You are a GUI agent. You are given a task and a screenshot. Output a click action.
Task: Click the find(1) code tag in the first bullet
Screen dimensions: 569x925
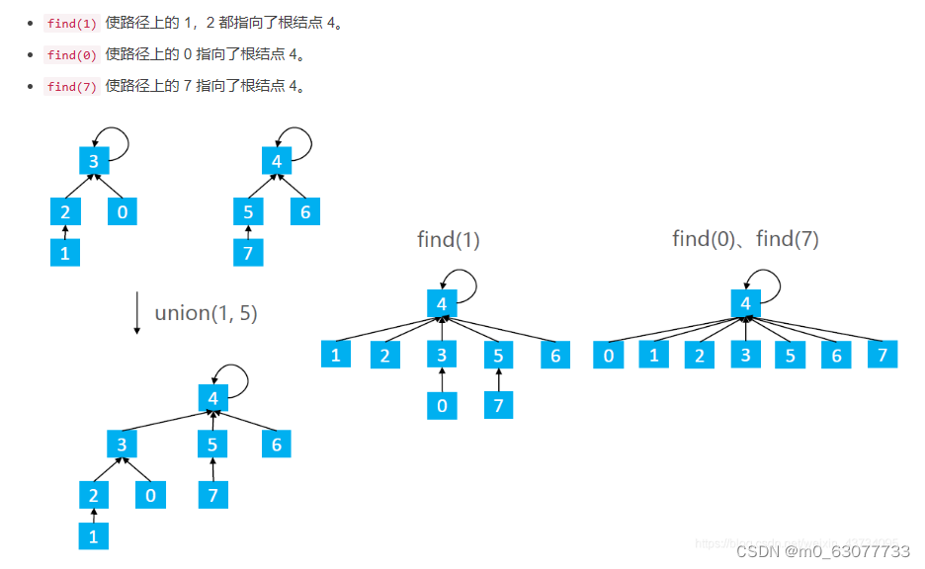click(x=72, y=24)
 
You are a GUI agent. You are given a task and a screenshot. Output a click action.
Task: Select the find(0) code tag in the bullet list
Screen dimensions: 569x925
click(x=72, y=55)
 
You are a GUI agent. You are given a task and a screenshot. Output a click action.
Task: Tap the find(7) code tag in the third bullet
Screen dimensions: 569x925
click(x=72, y=87)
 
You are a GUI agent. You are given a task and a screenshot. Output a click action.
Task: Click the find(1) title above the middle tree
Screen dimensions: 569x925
click(x=448, y=239)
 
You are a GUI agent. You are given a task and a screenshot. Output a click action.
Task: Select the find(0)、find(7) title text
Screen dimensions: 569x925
click(x=745, y=239)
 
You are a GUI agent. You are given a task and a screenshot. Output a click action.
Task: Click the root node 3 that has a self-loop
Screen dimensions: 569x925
click(x=94, y=160)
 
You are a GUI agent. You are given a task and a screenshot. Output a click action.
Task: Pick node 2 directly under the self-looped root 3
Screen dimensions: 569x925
click(x=65, y=210)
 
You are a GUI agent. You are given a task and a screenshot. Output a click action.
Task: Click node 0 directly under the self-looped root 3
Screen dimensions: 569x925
click(x=123, y=210)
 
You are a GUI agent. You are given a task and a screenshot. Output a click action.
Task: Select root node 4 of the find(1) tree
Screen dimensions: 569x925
click(x=442, y=303)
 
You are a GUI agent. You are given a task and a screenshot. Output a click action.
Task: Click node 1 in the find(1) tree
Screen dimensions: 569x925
click(x=336, y=354)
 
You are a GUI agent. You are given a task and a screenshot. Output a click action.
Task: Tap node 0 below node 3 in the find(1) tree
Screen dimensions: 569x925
click(x=442, y=405)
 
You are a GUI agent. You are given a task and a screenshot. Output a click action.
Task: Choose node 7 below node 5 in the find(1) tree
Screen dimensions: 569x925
click(x=498, y=405)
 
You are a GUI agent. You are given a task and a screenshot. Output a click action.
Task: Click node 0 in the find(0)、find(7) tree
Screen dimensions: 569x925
click(x=608, y=355)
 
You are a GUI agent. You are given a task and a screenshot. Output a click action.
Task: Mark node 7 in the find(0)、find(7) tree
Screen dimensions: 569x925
click(x=883, y=355)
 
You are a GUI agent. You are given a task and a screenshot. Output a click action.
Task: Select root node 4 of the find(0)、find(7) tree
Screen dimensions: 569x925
click(x=745, y=303)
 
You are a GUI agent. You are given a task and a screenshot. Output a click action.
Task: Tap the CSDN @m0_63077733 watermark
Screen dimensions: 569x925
click(x=822, y=550)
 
